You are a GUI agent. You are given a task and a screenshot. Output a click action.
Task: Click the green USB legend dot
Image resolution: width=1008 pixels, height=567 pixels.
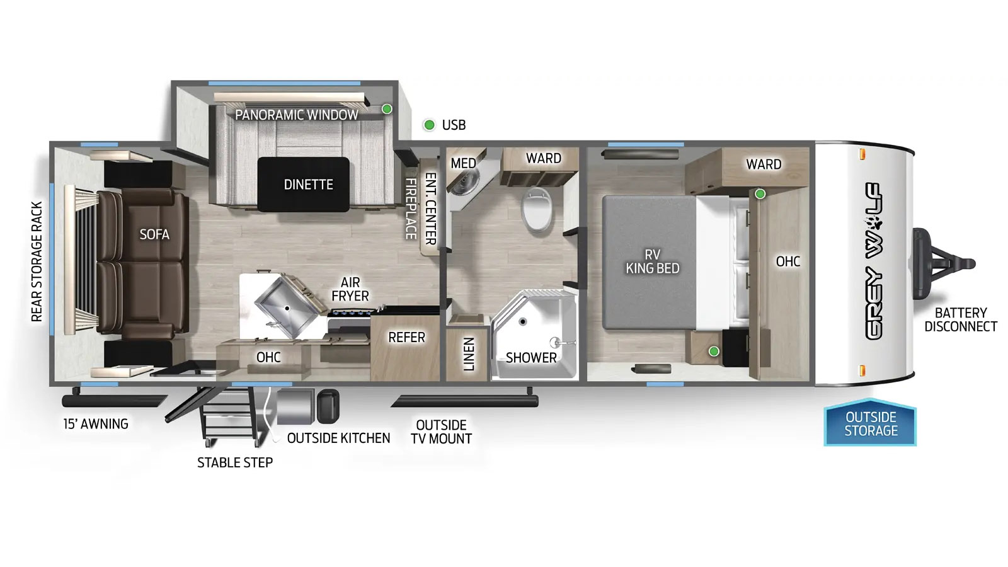point(429,125)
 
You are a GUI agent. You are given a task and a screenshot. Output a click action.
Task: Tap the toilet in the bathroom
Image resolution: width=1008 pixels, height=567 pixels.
point(537,210)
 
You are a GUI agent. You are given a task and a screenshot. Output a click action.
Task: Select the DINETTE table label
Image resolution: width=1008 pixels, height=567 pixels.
point(308,185)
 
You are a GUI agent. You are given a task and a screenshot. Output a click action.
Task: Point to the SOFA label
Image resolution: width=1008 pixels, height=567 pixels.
point(154,234)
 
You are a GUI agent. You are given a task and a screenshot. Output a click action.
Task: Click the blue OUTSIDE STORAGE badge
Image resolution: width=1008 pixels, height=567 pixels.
point(870,423)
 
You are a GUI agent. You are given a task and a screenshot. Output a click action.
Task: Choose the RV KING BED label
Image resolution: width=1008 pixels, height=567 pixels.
point(653,261)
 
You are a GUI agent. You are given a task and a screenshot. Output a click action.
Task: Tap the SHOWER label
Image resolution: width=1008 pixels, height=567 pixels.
point(531,358)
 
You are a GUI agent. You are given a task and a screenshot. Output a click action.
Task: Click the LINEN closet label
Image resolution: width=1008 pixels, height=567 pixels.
point(469,354)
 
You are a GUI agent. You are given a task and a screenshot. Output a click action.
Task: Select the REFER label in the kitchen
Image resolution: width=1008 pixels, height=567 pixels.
point(406,338)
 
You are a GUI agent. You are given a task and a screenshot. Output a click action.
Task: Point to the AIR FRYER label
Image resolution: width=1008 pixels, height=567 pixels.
point(350,289)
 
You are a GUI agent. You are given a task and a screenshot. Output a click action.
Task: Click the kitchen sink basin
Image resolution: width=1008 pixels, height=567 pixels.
point(289,307)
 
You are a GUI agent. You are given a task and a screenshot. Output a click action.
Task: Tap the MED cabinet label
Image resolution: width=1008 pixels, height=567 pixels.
point(463,163)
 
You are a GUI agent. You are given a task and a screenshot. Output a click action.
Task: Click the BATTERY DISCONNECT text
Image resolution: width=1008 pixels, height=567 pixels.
point(961,319)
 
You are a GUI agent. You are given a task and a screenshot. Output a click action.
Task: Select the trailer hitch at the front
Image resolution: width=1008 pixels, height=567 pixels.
point(942,264)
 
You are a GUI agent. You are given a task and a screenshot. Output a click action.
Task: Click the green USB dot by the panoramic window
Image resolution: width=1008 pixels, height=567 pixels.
point(387,109)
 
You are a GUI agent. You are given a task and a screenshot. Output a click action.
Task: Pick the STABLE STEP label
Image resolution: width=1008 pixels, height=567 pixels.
point(235,462)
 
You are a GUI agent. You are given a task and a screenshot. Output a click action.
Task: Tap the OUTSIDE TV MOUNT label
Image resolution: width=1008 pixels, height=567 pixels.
point(441,432)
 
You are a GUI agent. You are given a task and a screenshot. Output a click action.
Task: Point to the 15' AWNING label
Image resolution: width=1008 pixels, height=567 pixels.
point(95,424)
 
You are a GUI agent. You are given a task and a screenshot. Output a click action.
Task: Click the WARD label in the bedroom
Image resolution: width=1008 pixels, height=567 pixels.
point(763,164)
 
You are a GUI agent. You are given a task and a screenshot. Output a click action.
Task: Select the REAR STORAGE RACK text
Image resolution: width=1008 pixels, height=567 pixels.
point(37,261)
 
